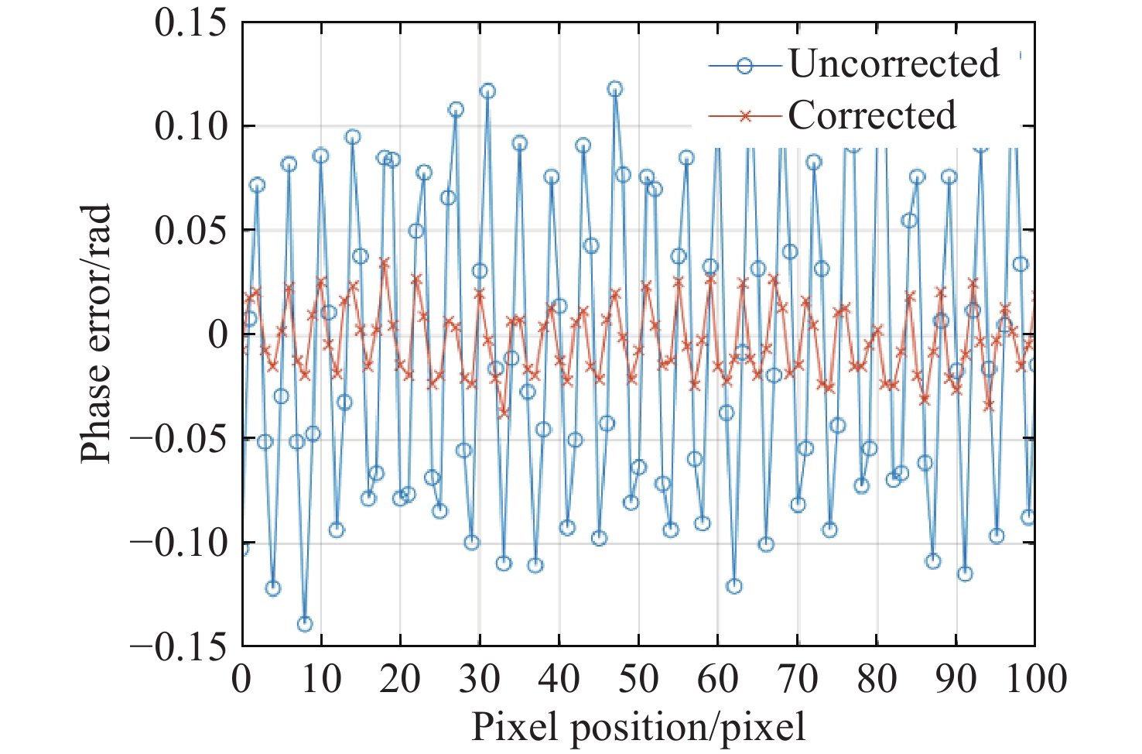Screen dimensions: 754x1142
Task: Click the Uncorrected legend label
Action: click(x=894, y=63)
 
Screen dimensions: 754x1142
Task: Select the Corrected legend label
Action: click(x=872, y=115)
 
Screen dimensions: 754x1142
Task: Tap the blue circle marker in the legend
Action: click(x=744, y=66)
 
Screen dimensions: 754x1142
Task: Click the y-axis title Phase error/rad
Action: click(x=96, y=334)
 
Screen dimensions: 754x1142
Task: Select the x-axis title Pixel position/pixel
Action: click(x=638, y=727)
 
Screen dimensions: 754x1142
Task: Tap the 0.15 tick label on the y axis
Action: click(x=191, y=22)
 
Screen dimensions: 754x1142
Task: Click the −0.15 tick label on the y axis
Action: click(x=180, y=646)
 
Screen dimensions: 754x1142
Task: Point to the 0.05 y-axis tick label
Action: click(x=191, y=231)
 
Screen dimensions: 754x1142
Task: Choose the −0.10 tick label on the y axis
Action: click(x=180, y=543)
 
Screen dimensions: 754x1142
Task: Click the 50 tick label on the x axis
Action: click(x=638, y=679)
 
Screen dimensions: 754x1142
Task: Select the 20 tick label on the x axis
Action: click(x=400, y=679)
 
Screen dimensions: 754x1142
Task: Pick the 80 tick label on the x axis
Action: click(x=877, y=679)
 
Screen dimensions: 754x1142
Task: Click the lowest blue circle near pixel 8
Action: click(x=305, y=624)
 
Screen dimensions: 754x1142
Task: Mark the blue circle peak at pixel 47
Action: click(x=615, y=89)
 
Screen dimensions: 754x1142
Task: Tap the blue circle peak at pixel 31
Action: click(x=487, y=91)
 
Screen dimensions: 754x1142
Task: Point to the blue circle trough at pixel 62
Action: click(x=734, y=586)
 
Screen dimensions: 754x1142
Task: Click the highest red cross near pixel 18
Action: click(x=385, y=263)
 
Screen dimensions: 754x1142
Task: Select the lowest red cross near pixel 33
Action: click(x=504, y=413)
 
